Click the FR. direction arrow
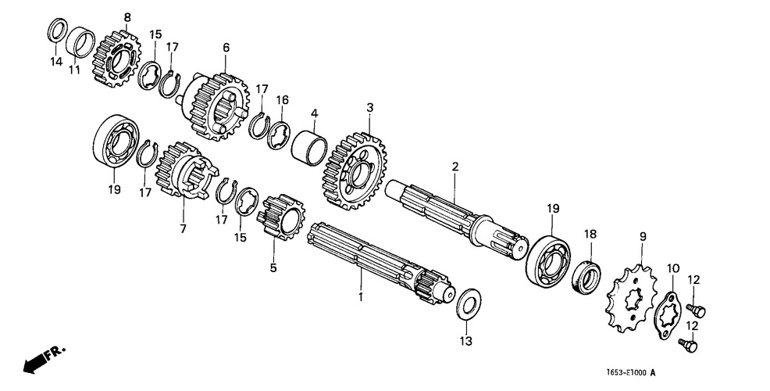pos(37,363)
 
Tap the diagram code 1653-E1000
pos(625,372)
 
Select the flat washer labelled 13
pos(469,303)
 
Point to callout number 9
pos(643,237)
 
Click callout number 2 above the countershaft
pos(455,167)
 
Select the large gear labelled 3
pos(355,170)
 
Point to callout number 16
pos(282,100)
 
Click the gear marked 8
pos(116,59)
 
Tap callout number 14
pos(56,62)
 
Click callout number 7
pos(184,228)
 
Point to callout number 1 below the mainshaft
pos(361,297)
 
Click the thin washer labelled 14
pos(58,30)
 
